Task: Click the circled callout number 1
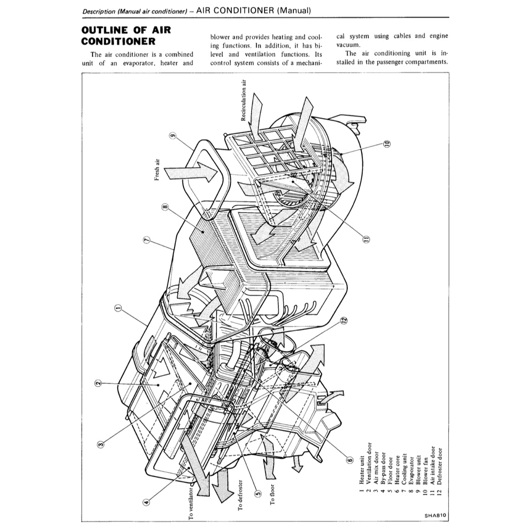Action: (x=118, y=309)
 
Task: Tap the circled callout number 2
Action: (x=97, y=383)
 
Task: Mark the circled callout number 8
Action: (x=165, y=208)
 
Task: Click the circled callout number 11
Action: (x=366, y=239)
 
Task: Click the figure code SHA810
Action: (x=435, y=515)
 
